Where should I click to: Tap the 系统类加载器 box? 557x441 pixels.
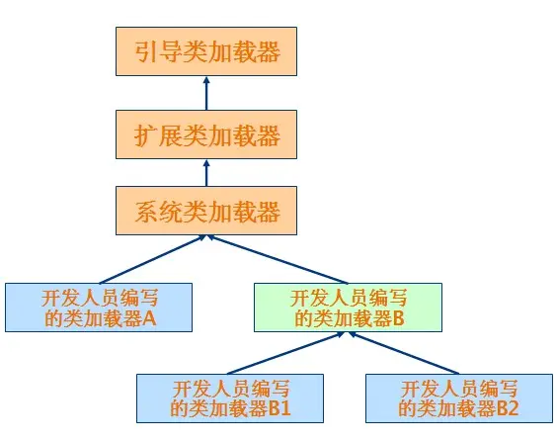tap(206, 212)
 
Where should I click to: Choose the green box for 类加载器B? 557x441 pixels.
tap(348, 307)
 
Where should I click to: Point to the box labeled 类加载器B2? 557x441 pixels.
tap(457, 397)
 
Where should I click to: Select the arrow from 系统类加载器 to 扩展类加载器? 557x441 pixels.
tap(206, 173)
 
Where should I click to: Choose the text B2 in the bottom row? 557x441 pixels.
tap(508, 407)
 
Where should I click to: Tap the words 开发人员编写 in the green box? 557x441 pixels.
tap(348, 297)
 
